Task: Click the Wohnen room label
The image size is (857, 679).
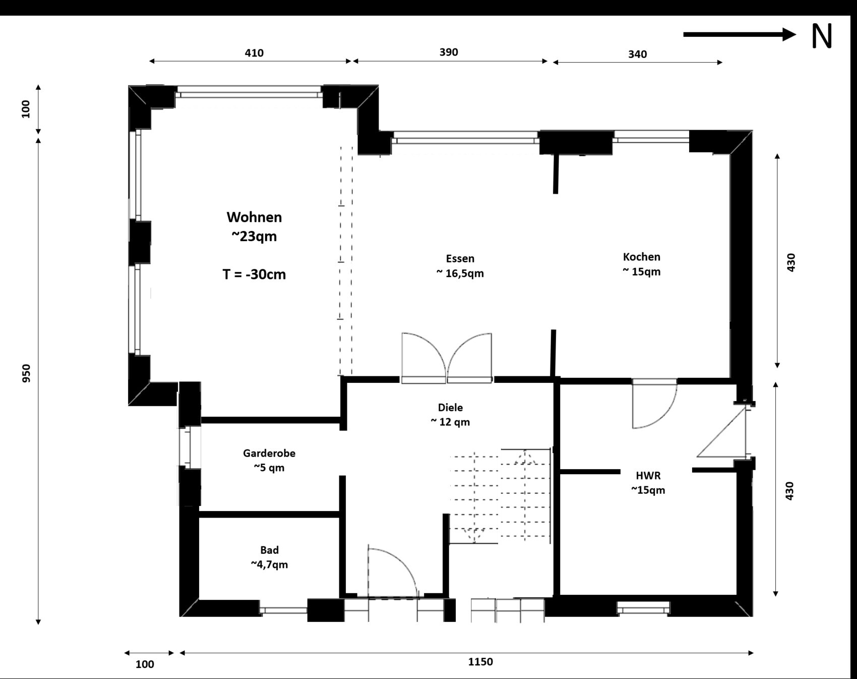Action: pos(254,217)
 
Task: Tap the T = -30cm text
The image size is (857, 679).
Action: pos(254,274)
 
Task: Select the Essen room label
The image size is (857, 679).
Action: pos(460,258)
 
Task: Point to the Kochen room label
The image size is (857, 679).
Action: pos(641,257)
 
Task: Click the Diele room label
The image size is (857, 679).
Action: pos(450,407)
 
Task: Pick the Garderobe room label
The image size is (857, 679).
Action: pos(269,453)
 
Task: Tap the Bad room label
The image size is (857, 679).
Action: pos(269,550)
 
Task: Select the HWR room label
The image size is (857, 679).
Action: pos(648,475)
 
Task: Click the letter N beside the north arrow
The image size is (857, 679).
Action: pos(822,36)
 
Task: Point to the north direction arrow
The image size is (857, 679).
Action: pos(740,34)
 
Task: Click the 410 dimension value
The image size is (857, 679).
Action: pos(254,53)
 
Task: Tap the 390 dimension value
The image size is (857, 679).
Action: pos(449,52)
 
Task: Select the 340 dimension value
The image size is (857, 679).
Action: pos(637,54)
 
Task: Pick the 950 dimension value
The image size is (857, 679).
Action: pos(26,373)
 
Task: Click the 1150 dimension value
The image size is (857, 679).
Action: pos(480,662)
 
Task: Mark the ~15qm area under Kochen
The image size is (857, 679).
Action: pos(641,271)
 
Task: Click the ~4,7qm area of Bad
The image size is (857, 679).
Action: pos(269,564)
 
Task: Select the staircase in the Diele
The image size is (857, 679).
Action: pos(500,495)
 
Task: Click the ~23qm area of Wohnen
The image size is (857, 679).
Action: pos(254,237)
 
